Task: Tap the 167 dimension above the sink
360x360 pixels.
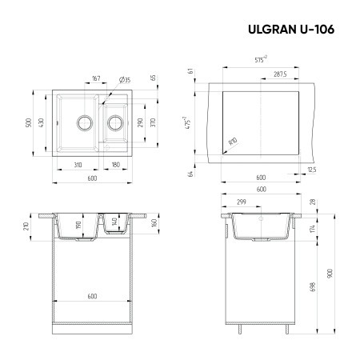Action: pyautogui.click(x=95, y=78)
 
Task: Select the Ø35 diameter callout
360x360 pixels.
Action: pyautogui.click(x=125, y=78)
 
